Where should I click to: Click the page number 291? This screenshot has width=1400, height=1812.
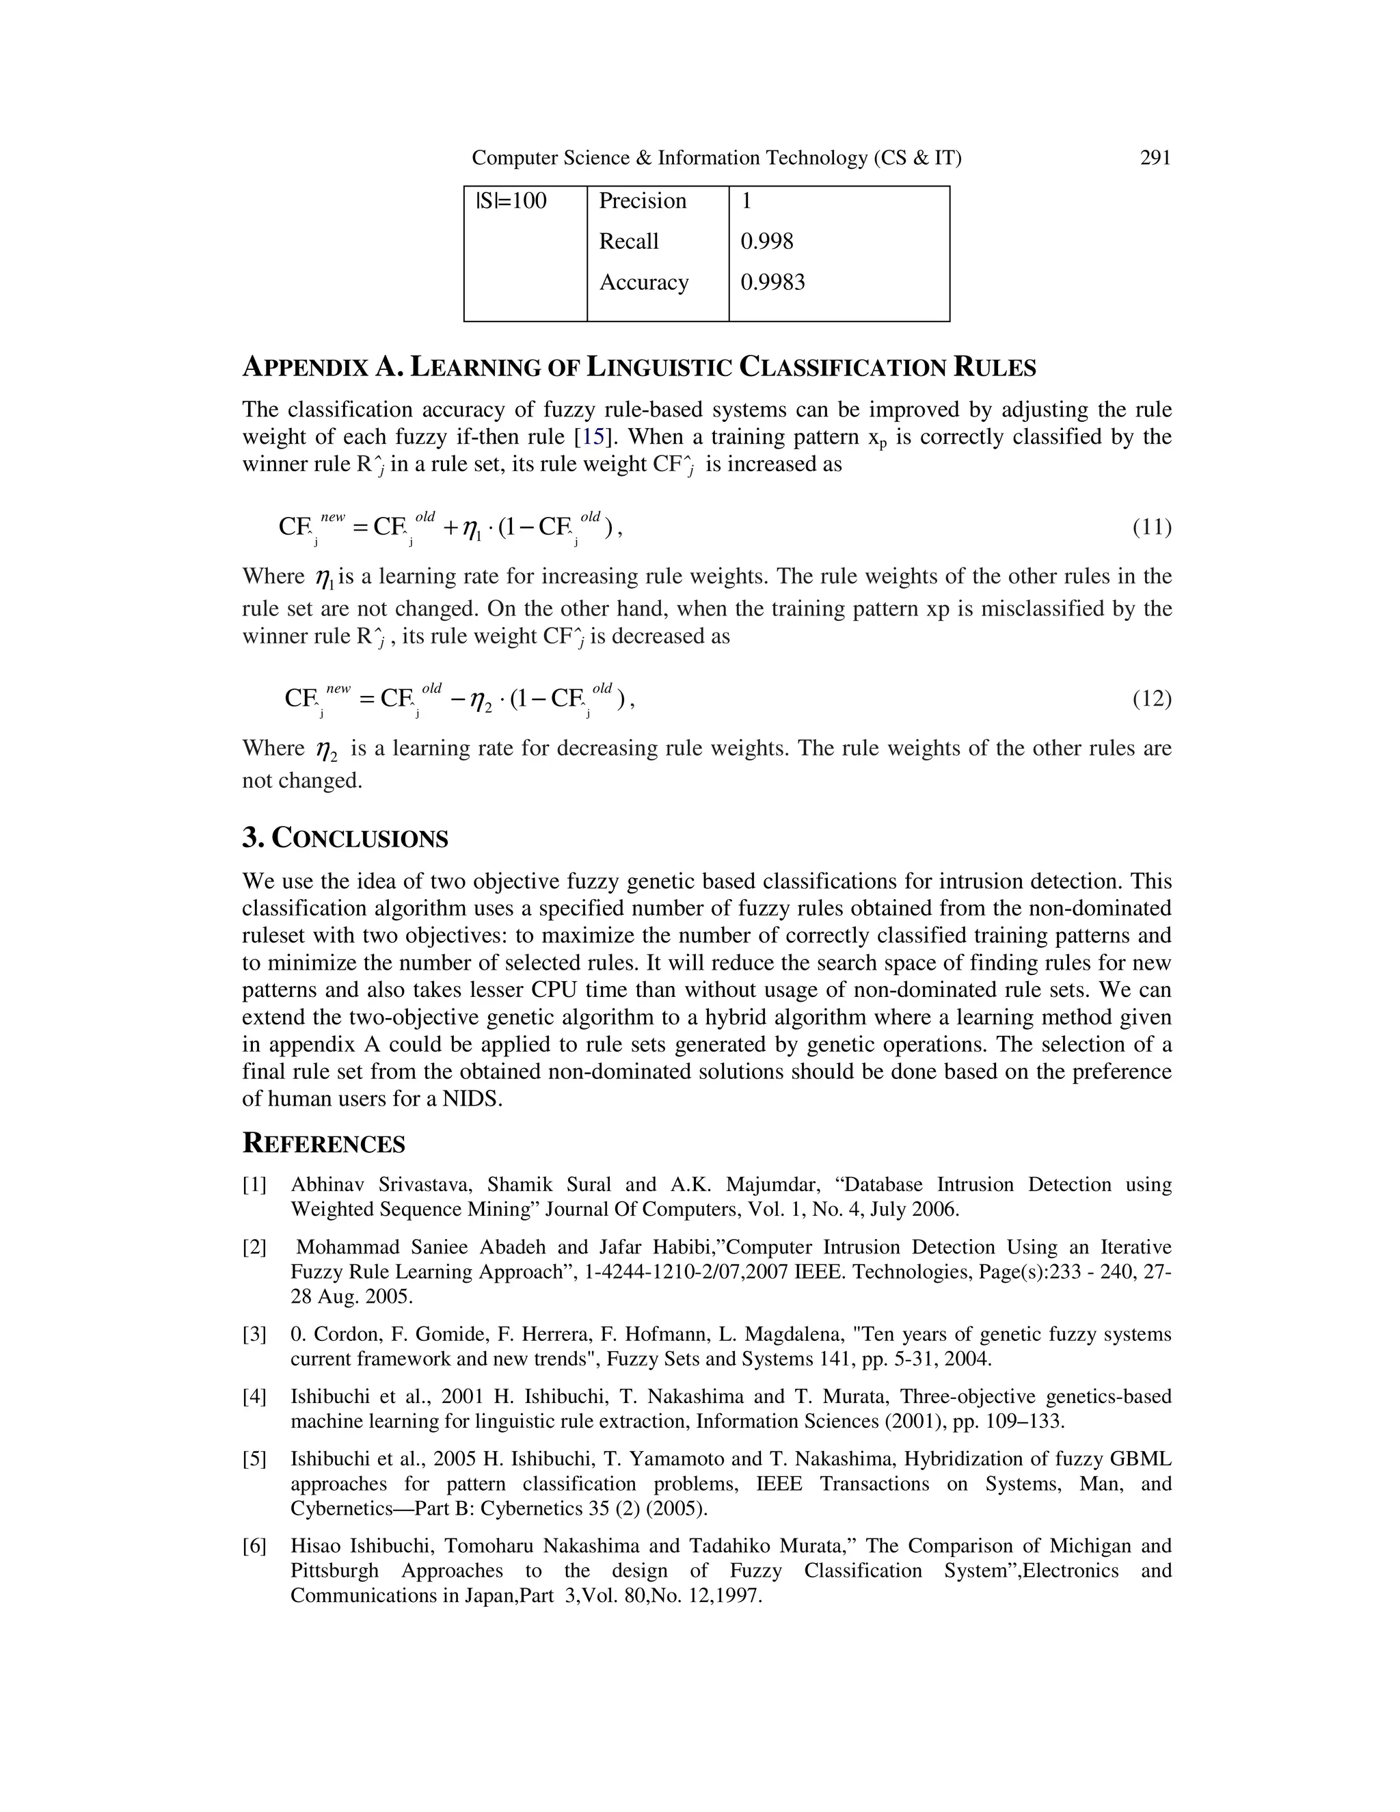pyautogui.click(x=1155, y=158)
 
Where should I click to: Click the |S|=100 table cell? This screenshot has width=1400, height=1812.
pyautogui.click(x=511, y=201)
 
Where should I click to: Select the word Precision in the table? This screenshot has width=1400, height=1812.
pyautogui.click(x=642, y=201)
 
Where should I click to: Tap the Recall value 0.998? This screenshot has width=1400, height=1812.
pyautogui.click(x=766, y=241)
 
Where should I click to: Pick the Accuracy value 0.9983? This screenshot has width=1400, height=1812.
pyautogui.click(x=772, y=282)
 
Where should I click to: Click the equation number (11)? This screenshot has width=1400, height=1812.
pyautogui.click(x=1151, y=527)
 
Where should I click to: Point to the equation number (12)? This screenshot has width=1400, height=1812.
pyautogui.click(x=1151, y=699)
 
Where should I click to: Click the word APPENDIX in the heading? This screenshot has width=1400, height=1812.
pyautogui.click(x=305, y=368)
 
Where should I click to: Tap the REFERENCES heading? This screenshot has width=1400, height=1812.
pyautogui.click(x=323, y=1144)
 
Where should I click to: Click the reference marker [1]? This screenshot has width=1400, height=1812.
pyautogui.click(x=254, y=1185)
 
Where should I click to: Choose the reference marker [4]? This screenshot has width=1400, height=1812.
pyautogui.click(x=254, y=1396)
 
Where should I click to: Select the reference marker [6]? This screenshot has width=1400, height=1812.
pyautogui.click(x=254, y=1546)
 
